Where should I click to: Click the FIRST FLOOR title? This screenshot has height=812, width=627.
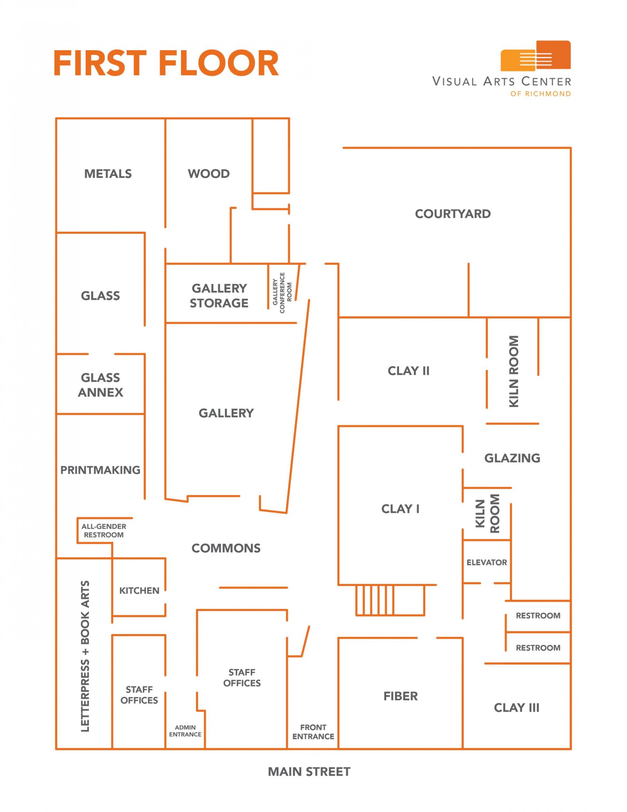pos(166,63)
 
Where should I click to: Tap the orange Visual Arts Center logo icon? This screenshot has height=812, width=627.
pos(535,56)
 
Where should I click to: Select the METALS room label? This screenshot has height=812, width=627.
pos(108,174)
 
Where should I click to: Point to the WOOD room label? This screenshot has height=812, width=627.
pos(209,174)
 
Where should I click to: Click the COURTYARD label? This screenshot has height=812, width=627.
pos(453,214)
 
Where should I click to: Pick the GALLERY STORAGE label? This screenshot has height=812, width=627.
pos(219,296)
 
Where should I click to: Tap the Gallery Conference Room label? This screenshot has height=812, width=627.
pos(282,293)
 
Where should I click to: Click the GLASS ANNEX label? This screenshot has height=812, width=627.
pos(100,385)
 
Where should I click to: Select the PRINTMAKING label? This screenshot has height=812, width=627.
pos(100,470)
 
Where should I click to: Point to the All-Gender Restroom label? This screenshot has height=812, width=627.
pos(104,531)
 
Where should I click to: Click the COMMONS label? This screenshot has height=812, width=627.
pos(226,548)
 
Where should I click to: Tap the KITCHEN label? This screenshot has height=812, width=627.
pos(139,590)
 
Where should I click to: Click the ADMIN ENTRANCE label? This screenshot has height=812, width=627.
pos(185,730)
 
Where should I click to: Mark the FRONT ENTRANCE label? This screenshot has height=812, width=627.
pos(313,732)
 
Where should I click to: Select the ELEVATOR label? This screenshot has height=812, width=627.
pos(487,562)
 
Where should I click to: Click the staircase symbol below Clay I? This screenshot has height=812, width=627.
pos(390,600)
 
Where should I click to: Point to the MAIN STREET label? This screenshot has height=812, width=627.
pos(309,772)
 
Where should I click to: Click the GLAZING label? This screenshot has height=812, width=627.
pos(512,458)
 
